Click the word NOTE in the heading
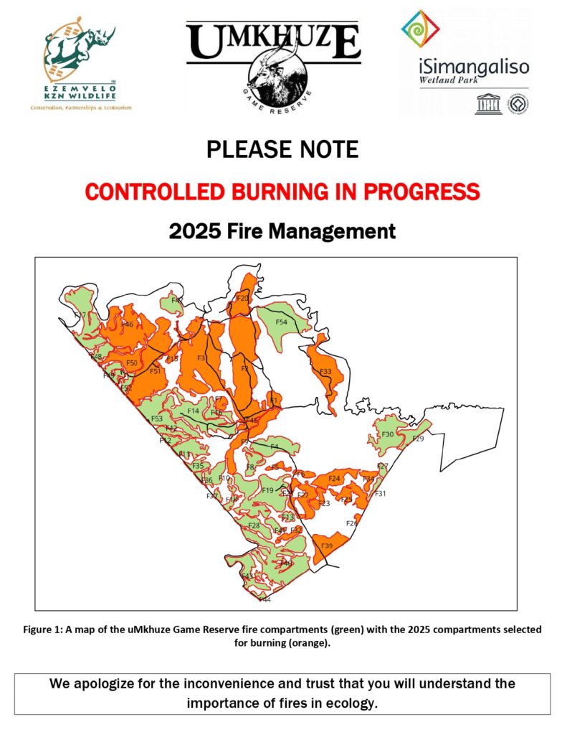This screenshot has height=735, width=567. pyautogui.click(x=322, y=149)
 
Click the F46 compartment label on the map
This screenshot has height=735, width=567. pyautogui.click(x=127, y=325)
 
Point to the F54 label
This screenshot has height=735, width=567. pyautogui.click(x=281, y=323)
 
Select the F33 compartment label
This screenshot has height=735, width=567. pyautogui.click(x=325, y=372)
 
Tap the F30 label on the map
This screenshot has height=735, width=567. pyautogui.click(x=387, y=434)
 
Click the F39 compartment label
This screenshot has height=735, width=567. pyautogui.click(x=327, y=547)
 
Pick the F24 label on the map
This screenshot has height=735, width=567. pyautogui.click(x=333, y=478)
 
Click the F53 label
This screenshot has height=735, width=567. pyautogui.click(x=156, y=418)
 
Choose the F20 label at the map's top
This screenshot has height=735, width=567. pyautogui.click(x=242, y=298)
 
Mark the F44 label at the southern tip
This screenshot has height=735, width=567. pyautogui.click(x=265, y=599)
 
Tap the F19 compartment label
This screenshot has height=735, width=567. pyautogui.click(x=267, y=490)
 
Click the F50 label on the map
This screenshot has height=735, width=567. pyautogui.click(x=132, y=363)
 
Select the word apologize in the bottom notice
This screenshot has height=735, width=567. pyautogui.click(x=116, y=683)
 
